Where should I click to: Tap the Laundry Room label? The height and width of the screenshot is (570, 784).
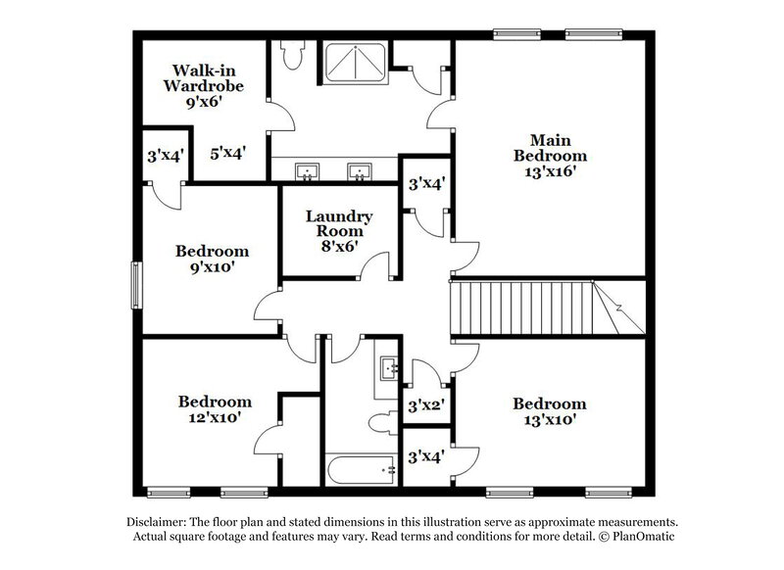[337, 223]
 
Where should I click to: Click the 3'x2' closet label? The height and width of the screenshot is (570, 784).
[426, 404]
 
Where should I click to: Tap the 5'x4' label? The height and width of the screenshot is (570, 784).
[227, 153]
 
